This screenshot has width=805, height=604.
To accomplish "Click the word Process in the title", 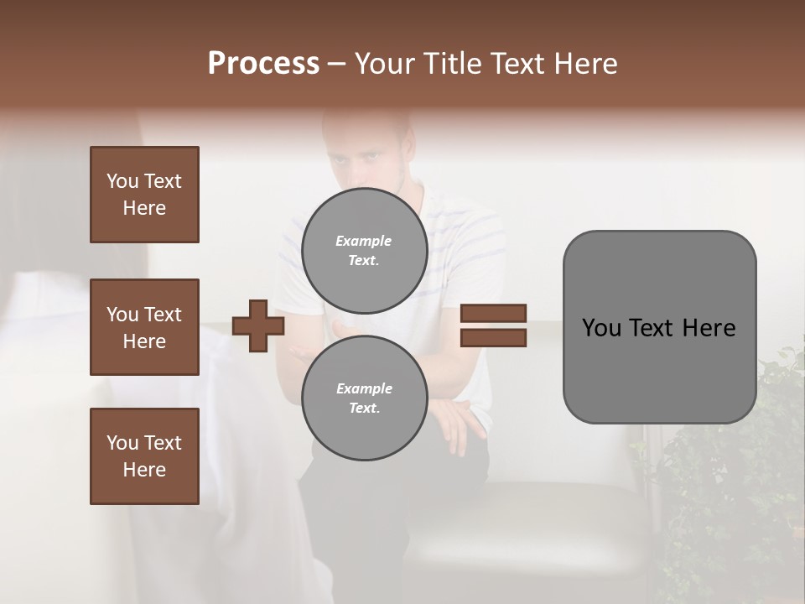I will tap(263, 64).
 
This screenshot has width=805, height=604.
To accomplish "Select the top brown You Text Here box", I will tap(144, 195).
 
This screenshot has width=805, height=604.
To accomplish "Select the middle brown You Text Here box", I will tap(144, 327).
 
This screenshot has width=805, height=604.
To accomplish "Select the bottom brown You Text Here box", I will tap(144, 456).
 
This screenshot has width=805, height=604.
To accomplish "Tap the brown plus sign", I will tap(258, 325).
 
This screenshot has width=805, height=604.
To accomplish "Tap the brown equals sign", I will tap(494, 325).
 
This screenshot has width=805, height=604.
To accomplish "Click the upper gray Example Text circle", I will tap(364, 250).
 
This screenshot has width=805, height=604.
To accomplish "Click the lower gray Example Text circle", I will tap(364, 398).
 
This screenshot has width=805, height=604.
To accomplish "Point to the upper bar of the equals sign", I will tap(494, 314).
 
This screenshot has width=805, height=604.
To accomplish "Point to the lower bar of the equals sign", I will tap(494, 337).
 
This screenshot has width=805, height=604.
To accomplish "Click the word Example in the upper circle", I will tap(364, 241).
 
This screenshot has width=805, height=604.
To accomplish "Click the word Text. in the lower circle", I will tap(364, 408).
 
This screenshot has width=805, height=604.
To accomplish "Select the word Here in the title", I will tap(585, 64).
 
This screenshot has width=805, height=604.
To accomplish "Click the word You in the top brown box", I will tap(122, 181).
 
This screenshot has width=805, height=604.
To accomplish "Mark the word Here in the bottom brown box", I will tap(144, 470).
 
